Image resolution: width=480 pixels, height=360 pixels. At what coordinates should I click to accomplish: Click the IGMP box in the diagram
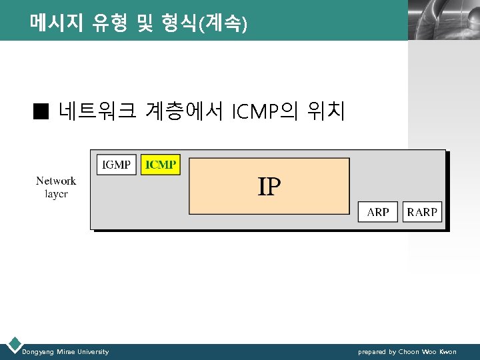point(117,165)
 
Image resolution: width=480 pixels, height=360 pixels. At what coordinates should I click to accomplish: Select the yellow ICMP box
point(161,165)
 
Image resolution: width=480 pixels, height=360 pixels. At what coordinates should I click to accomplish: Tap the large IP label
point(269,187)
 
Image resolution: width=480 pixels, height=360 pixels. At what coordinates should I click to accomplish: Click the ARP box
point(378,212)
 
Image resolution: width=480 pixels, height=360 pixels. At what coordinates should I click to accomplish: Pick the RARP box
point(422,212)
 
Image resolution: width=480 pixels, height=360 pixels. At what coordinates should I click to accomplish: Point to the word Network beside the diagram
point(56,181)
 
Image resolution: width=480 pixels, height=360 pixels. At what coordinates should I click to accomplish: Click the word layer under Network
point(56,194)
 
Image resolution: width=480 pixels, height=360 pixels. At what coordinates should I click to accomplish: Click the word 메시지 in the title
point(56,24)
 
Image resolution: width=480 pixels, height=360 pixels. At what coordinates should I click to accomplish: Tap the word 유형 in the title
point(112,24)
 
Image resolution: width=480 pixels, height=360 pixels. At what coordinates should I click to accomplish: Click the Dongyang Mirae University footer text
point(65,351)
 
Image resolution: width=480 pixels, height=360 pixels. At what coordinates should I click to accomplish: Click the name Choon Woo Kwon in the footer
point(428,351)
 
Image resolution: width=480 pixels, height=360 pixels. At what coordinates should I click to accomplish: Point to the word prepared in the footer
point(372,351)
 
